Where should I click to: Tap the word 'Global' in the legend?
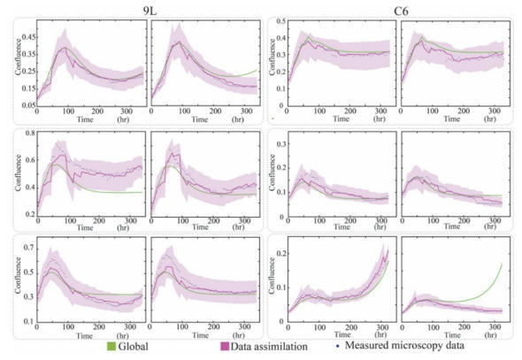point(137,348)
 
